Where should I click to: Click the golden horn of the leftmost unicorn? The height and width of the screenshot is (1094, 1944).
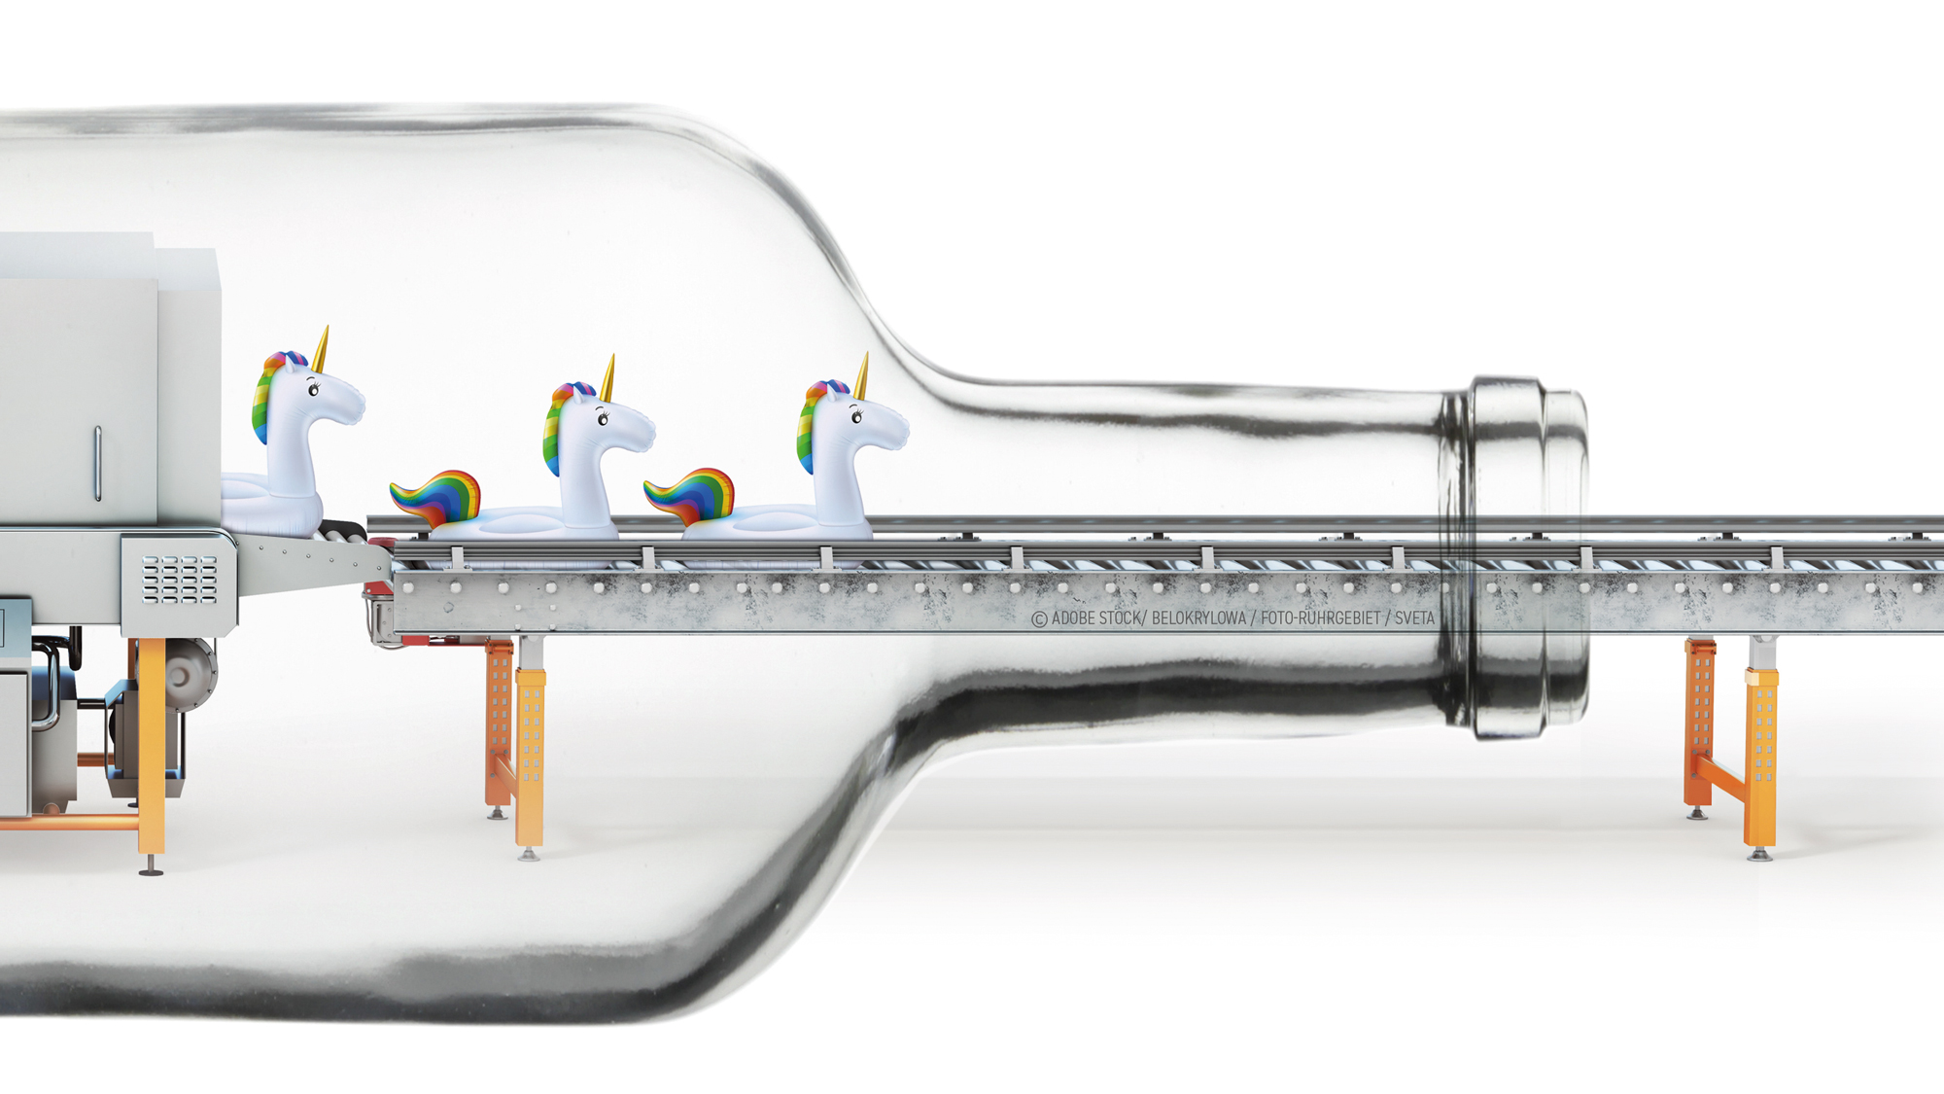(x=321, y=350)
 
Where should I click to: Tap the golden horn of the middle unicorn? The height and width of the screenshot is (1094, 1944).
(x=607, y=378)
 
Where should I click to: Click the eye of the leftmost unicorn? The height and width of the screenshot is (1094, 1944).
(x=313, y=389)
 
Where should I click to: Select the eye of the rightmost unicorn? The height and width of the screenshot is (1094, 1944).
(x=856, y=416)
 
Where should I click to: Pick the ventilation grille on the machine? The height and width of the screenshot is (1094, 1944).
(x=180, y=580)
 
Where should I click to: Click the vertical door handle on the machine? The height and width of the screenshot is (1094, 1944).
(x=97, y=464)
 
